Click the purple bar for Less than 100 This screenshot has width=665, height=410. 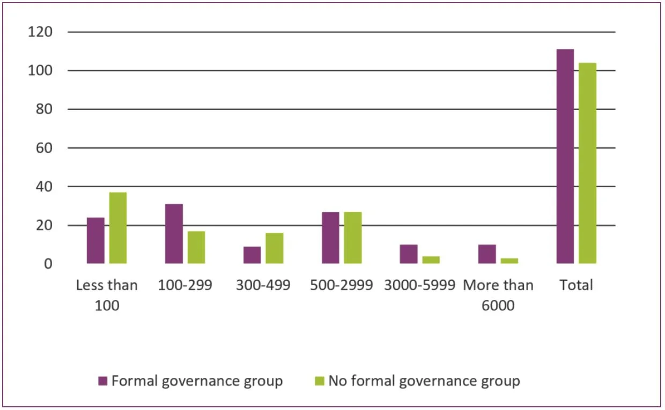pyautogui.click(x=95, y=240)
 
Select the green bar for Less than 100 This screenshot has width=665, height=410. pyautogui.click(x=118, y=228)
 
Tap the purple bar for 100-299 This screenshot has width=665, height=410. pyautogui.click(x=174, y=234)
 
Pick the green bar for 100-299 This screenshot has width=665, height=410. pyautogui.click(x=196, y=247)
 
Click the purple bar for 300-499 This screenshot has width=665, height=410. pyautogui.click(x=252, y=255)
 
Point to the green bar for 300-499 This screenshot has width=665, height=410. pyautogui.click(x=275, y=248)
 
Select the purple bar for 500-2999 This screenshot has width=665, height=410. pyautogui.click(x=330, y=238)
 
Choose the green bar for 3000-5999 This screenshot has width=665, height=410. pyautogui.click(x=431, y=260)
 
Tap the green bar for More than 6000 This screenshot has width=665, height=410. pyautogui.click(x=509, y=261)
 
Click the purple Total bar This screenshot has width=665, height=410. pyautogui.click(x=565, y=156)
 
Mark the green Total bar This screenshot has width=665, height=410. pyautogui.click(x=588, y=163)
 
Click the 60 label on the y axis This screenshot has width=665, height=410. pyautogui.click(x=43, y=148)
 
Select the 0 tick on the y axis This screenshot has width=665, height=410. pyautogui.click(x=47, y=264)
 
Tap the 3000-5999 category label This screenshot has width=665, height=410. pyautogui.click(x=419, y=285)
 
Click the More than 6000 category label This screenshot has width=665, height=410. pyautogui.click(x=498, y=295)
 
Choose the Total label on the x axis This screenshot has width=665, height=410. pyautogui.click(x=577, y=285)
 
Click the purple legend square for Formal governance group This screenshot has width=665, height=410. pyautogui.click(x=104, y=381)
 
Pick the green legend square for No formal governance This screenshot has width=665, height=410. pyautogui.click(x=320, y=381)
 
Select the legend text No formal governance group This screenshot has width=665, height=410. pyautogui.click(x=424, y=381)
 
